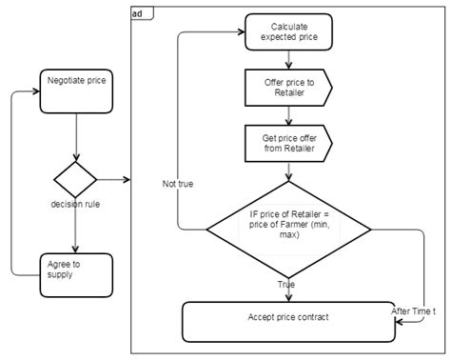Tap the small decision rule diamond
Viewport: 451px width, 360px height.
(x=74, y=179)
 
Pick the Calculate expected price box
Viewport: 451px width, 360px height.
(x=289, y=31)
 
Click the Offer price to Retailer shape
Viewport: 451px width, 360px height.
(x=288, y=87)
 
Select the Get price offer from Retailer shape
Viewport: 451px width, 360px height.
(x=288, y=143)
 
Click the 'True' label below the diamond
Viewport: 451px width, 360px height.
(x=286, y=284)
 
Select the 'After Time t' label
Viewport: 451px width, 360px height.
(x=415, y=310)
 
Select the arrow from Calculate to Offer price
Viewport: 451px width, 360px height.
(x=289, y=59)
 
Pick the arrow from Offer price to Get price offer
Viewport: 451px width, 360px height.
(x=289, y=114)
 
